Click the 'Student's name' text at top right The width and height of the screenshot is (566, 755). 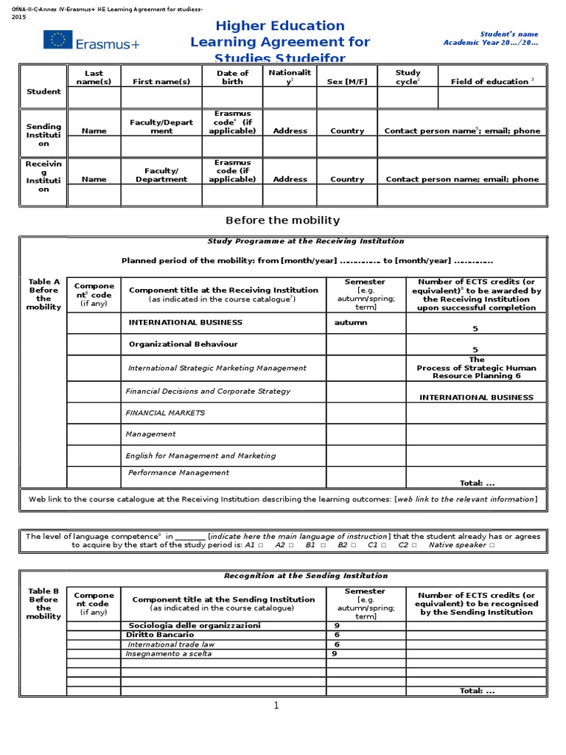tap(509, 34)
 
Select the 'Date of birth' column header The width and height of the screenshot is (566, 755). tap(232, 77)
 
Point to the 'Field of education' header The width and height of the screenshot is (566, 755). tap(492, 82)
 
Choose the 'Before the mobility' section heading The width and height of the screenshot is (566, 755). tap(282, 220)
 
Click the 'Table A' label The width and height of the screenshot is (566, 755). tap(43, 282)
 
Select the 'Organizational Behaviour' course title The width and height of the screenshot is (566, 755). tap(183, 344)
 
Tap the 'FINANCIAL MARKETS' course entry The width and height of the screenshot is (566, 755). tap(165, 413)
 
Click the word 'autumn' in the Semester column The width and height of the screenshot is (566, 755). tap(350, 323)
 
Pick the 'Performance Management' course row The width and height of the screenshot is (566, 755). tap(178, 473)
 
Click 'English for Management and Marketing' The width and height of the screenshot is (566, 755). tap(200, 456)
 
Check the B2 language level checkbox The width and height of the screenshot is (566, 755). tap(353, 545)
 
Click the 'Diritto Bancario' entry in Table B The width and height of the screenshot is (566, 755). tap(160, 634)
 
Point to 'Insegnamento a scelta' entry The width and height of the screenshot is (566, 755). tap(169, 653)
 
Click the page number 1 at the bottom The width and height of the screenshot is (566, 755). tap(276, 706)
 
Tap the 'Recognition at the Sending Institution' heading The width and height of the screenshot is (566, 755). tap(305, 576)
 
